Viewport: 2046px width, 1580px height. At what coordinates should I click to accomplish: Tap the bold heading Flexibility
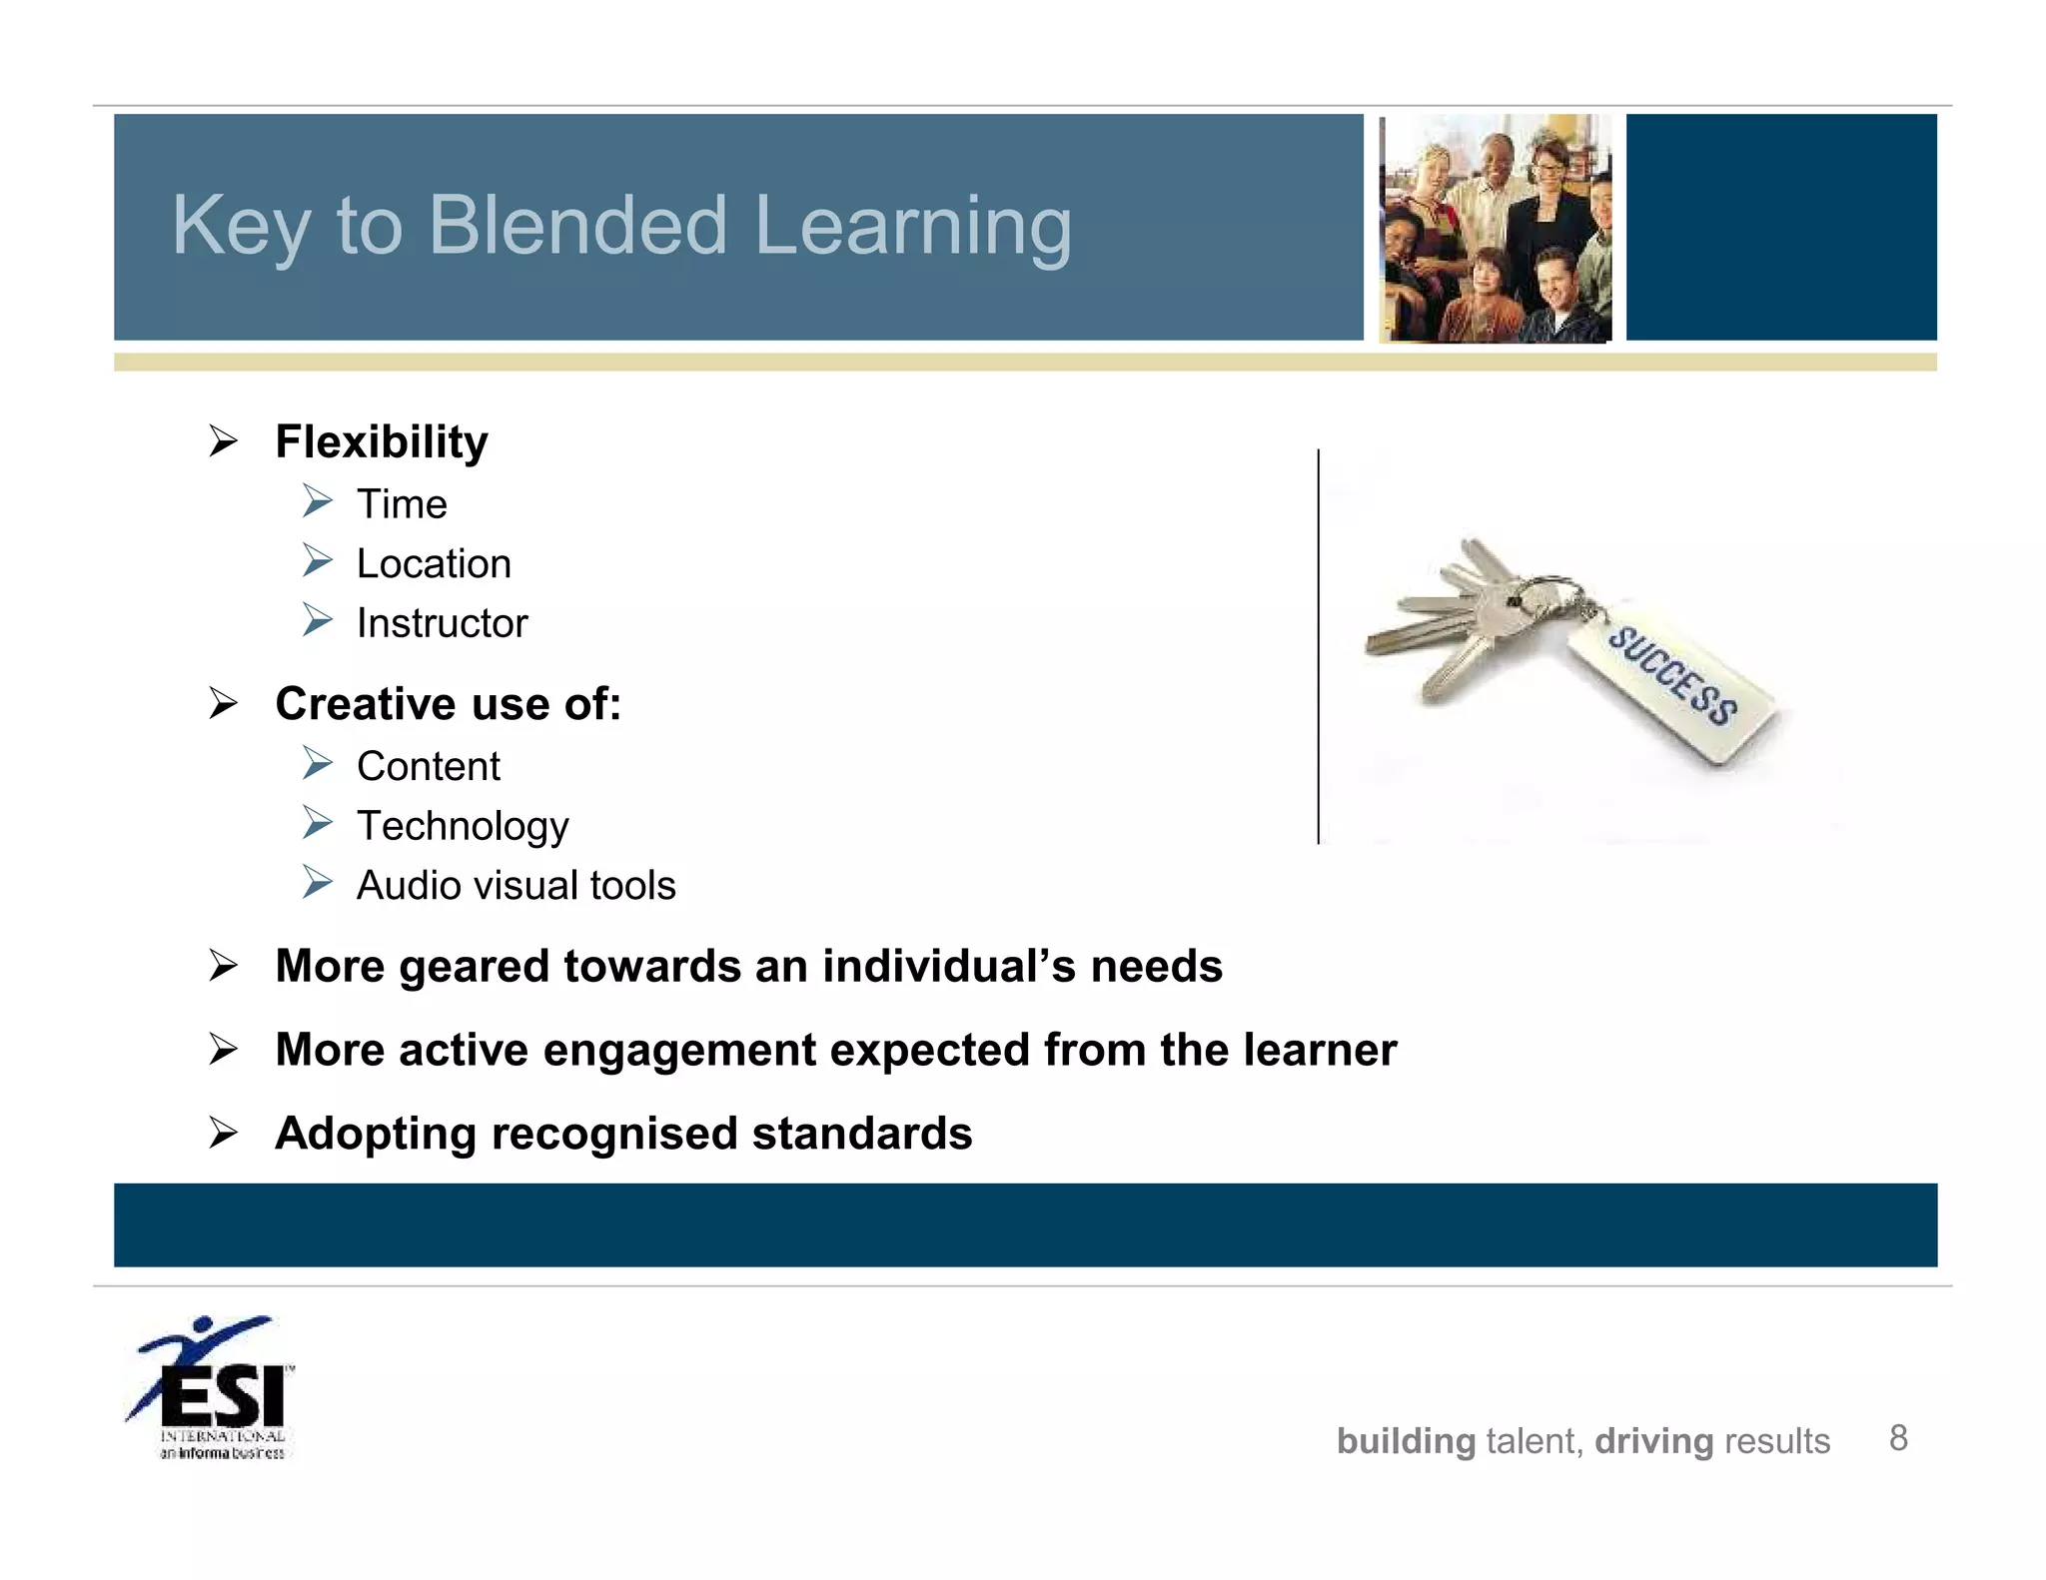pos(382,441)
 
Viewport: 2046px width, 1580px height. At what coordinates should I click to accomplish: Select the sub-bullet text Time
pos(402,504)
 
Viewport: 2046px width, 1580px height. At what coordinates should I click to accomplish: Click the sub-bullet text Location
pos(434,564)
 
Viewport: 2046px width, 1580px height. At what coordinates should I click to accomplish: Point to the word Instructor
pos(442,623)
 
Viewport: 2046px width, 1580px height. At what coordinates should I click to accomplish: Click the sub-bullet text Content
pos(429,767)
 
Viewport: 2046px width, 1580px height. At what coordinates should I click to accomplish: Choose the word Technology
pos(463,826)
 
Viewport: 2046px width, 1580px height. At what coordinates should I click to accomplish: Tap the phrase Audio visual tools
pos(515,886)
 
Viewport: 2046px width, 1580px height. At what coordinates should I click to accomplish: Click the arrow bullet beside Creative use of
pos(224,704)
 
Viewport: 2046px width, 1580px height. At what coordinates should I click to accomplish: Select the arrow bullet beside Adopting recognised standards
pos(224,1134)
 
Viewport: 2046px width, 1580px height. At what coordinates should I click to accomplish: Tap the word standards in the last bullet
pos(861,1135)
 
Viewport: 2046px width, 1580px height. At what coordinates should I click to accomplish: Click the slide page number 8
pos(1898,1438)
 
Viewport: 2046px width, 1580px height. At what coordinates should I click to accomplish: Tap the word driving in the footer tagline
pos(1653,1442)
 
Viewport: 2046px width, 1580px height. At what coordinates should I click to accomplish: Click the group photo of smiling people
pos(1495,228)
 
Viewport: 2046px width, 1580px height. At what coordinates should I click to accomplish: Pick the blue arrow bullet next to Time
pos(318,500)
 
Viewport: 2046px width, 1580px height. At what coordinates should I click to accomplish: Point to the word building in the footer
pos(1406,1442)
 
